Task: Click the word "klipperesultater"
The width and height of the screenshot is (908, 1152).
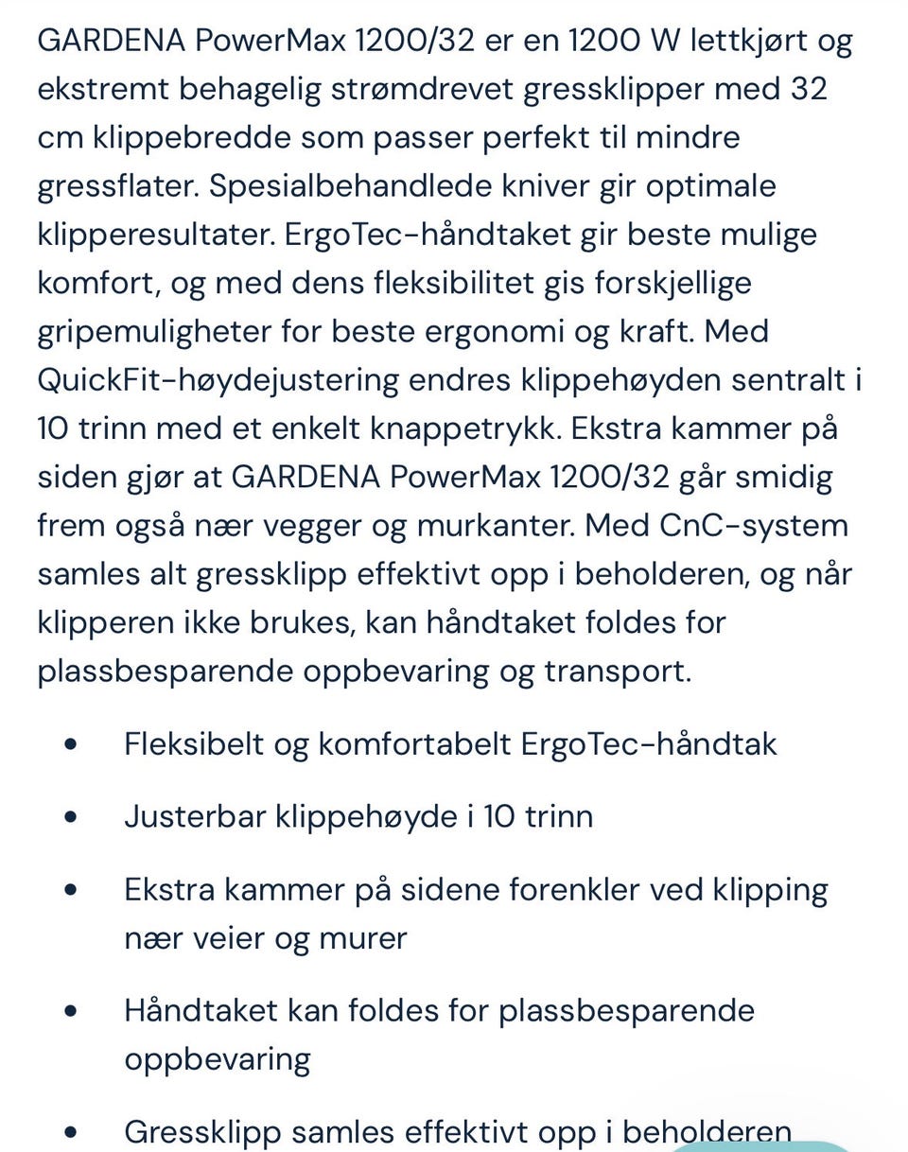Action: tap(156, 235)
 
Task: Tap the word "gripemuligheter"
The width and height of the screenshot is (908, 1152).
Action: tap(153, 332)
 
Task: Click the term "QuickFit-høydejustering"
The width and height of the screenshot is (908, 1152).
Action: tap(218, 380)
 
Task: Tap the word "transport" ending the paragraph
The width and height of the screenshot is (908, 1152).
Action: tap(617, 671)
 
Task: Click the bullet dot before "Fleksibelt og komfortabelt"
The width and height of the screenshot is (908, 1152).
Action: tap(71, 744)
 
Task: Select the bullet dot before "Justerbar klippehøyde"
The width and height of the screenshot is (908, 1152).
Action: tap(71, 816)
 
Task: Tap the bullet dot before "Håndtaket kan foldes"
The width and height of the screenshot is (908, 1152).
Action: tap(71, 1010)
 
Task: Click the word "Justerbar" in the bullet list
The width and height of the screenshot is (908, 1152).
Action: tap(195, 816)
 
